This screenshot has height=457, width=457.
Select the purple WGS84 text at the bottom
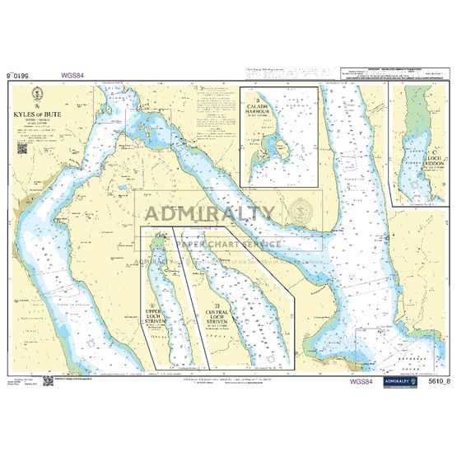(361, 381)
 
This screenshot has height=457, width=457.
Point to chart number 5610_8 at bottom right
(439, 381)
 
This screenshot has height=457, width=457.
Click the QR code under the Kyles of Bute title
(22, 148)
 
